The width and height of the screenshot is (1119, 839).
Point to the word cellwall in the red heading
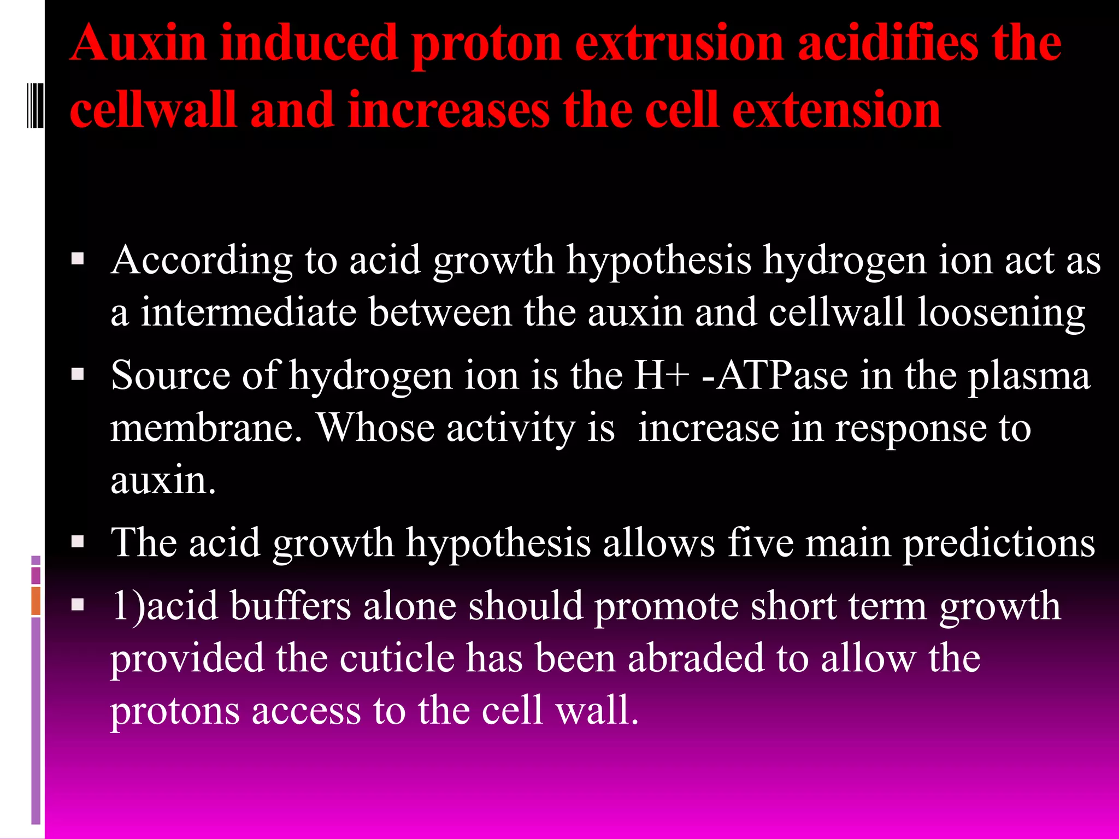153,110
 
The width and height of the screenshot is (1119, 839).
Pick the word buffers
290,606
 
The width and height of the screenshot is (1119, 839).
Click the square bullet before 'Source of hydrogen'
78,374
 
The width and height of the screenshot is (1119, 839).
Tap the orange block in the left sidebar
36,601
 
